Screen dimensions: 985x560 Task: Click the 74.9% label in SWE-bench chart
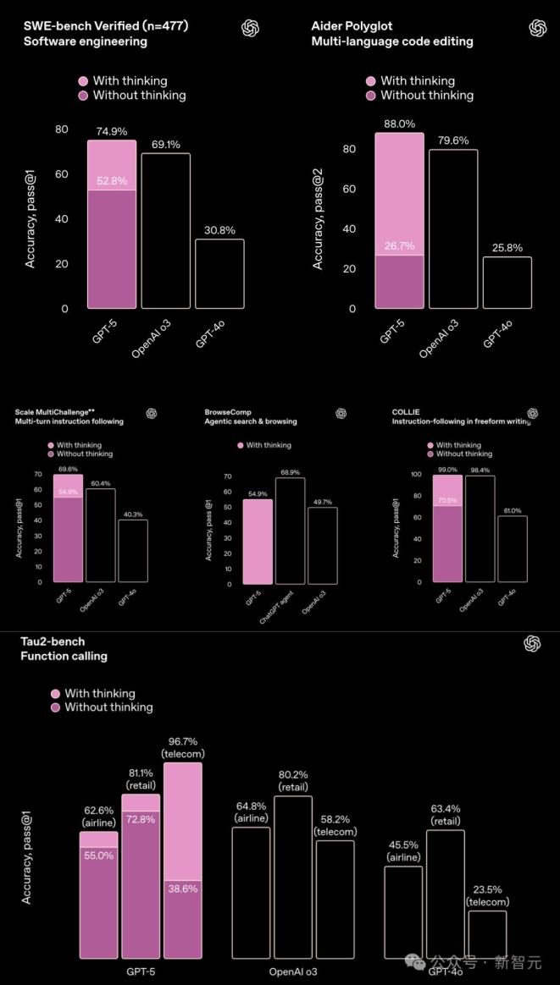111,131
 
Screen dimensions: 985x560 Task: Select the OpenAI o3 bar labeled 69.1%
165,230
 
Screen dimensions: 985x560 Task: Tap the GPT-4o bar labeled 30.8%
219,273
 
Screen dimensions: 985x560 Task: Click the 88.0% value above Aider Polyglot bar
399,124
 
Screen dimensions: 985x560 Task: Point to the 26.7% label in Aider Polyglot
399,246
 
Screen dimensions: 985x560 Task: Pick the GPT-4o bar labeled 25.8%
507,282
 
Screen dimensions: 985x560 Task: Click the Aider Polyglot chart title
391,34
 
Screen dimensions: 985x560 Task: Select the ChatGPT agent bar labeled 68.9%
290,531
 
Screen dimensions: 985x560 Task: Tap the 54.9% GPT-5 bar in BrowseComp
258,542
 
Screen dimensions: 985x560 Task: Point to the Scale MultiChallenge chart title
69,415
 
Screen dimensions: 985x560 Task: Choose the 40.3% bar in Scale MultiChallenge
133,550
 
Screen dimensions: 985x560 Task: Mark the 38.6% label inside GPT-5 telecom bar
183,889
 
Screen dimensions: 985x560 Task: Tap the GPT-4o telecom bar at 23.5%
487,933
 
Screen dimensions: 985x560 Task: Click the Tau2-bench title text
64,648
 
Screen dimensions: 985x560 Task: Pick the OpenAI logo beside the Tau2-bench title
532,644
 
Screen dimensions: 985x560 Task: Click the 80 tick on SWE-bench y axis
62,129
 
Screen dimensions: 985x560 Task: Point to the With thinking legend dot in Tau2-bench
55,693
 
